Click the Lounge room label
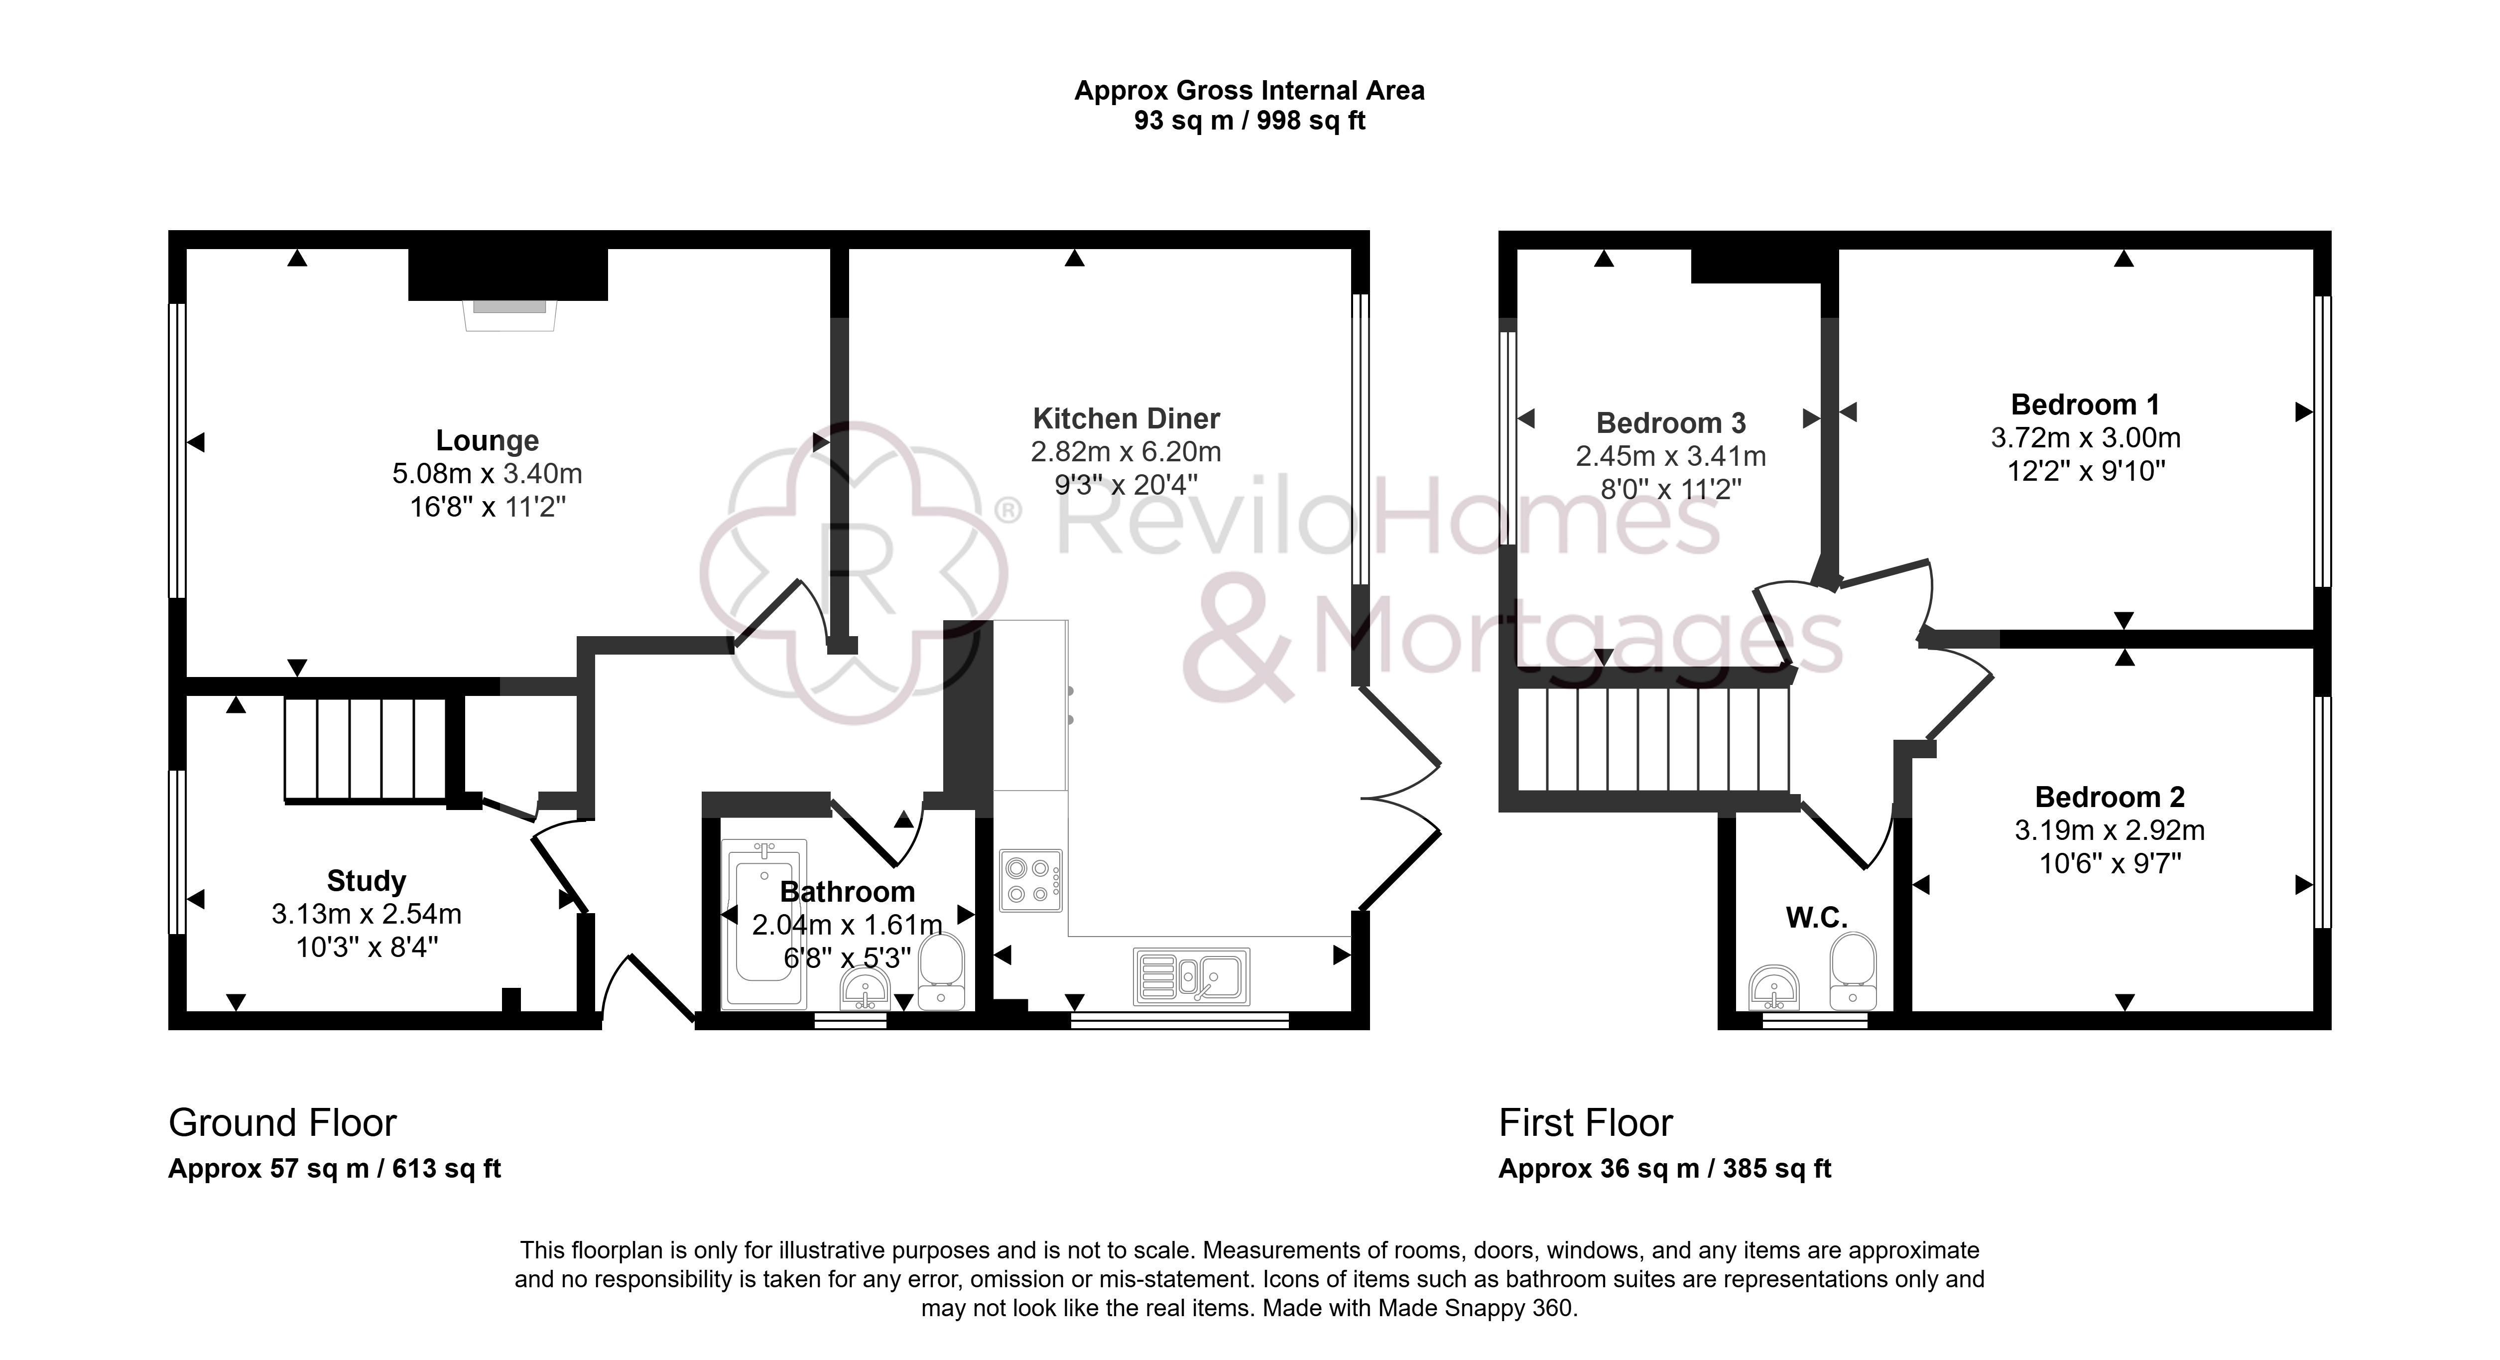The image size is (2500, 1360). tap(487, 441)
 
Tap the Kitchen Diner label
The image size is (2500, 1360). tap(1126, 418)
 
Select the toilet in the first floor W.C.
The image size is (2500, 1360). tap(1854, 971)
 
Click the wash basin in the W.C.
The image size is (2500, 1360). tap(1775, 988)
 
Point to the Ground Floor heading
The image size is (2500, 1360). tap(282, 1123)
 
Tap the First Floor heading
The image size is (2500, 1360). tap(1586, 1123)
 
